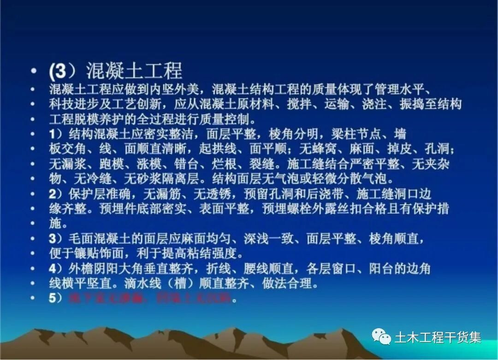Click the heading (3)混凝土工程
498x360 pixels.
click(116, 71)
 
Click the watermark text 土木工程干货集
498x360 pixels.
click(438, 337)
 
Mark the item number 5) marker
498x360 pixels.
click(56, 298)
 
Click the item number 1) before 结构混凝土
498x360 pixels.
click(56, 134)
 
